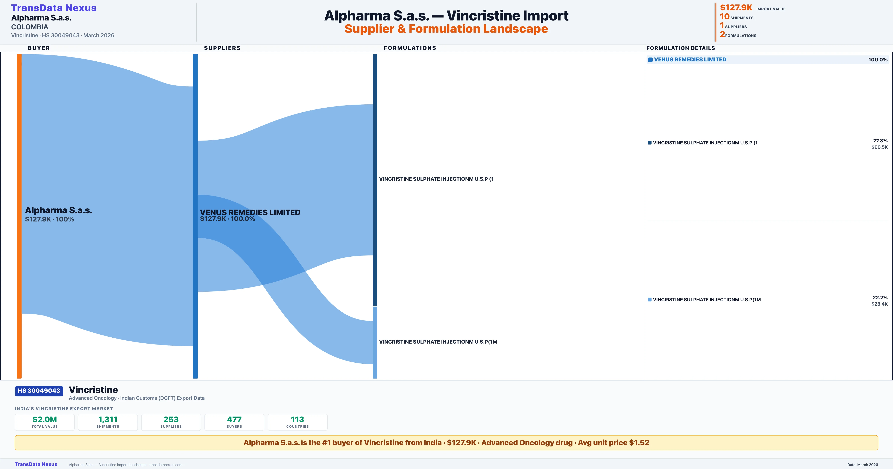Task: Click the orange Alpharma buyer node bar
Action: [x=19, y=216]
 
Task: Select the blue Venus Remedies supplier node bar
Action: [x=195, y=216]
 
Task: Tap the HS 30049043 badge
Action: [x=39, y=391]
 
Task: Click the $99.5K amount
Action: [x=879, y=147]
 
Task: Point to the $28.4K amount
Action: [x=879, y=304]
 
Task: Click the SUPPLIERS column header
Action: [x=222, y=48]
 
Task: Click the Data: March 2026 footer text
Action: [x=862, y=465]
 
